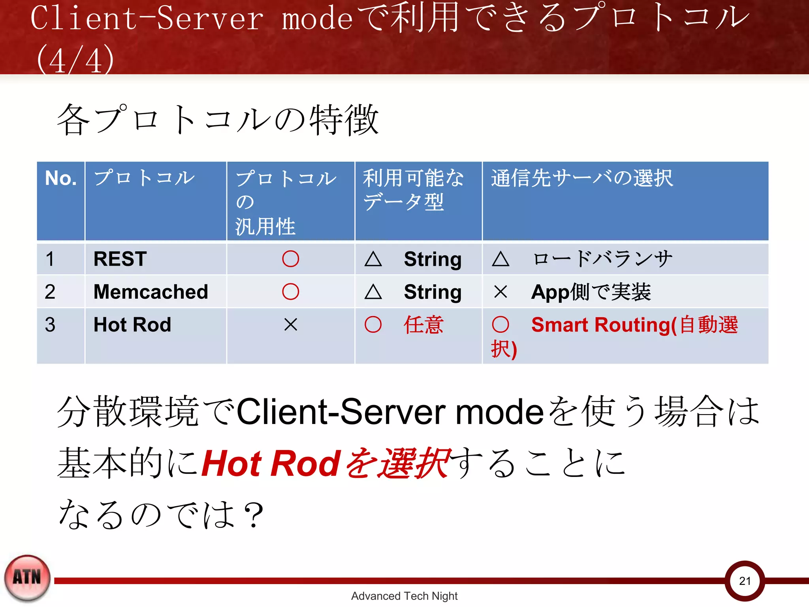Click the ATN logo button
coord(27,578)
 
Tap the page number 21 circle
coord(745,581)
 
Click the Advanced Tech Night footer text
coord(404,596)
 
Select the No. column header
coord(61,178)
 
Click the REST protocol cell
coord(120,259)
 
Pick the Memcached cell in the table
coord(151,292)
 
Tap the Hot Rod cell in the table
coord(132,325)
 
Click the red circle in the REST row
coord(290,259)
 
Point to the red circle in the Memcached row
coord(290,292)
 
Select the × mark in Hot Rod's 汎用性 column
coord(290,325)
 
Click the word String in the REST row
coord(433,260)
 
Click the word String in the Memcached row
coord(433,292)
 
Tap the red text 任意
coord(423,325)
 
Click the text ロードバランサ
coord(602,259)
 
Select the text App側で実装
coord(591,292)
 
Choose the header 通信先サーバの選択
coord(581,178)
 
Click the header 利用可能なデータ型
coord(413,190)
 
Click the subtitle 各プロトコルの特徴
coord(218,120)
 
